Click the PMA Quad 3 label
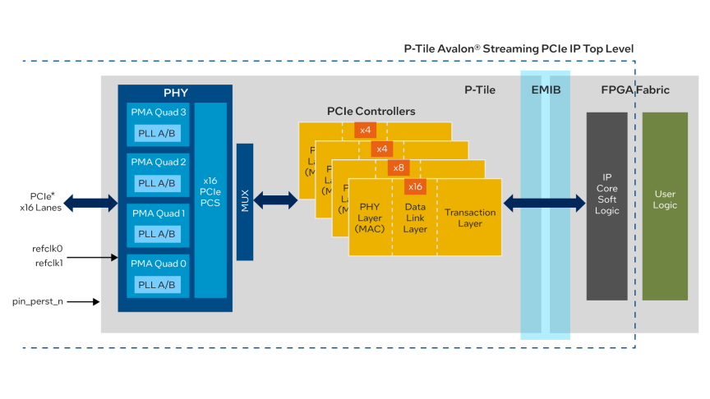coord(158,112)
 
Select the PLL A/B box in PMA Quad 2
coord(156,183)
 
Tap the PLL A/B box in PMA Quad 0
coord(156,285)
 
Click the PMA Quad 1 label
coord(158,213)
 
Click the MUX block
coord(245,201)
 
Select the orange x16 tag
coord(415,186)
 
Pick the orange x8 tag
coord(399,167)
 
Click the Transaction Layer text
coord(470,218)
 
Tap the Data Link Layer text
coord(415,218)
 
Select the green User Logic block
coord(665,199)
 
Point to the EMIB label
coord(546,89)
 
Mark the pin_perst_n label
coord(39,302)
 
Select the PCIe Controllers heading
coord(371,111)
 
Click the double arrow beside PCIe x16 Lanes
coord(90,201)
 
